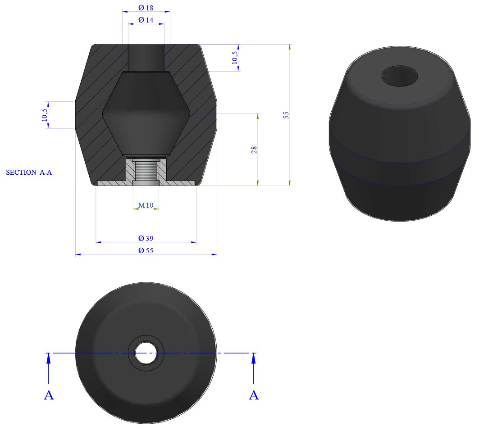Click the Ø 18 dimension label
tap(146, 8)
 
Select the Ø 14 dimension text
tap(146, 20)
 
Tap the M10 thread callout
tap(146, 205)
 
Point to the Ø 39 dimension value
tap(146, 238)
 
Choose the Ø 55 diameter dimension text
tap(146, 250)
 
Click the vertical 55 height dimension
tap(286, 115)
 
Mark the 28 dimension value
tap(254, 150)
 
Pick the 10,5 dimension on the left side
tap(44, 115)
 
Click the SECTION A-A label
tap(29, 172)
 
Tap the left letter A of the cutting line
tap(49, 395)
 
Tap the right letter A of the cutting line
tap(254, 395)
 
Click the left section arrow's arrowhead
tap(49, 358)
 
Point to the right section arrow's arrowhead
tap(254, 358)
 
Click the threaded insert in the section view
tap(146, 171)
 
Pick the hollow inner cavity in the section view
tap(146, 113)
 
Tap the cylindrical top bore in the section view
tap(146, 57)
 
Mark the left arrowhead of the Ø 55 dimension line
tap(78, 254)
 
